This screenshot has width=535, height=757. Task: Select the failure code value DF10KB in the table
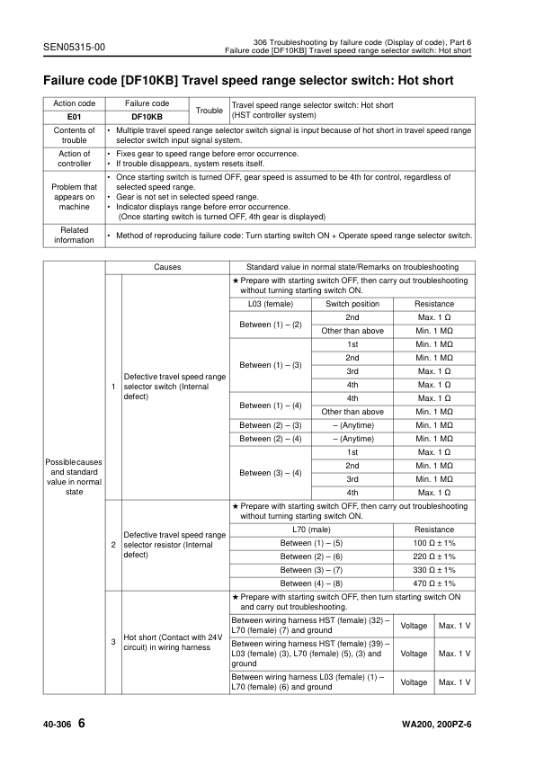(147, 116)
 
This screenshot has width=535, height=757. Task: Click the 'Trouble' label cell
(210, 110)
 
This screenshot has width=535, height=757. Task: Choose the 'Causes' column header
(167, 267)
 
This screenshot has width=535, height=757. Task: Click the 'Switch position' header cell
(352, 304)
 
